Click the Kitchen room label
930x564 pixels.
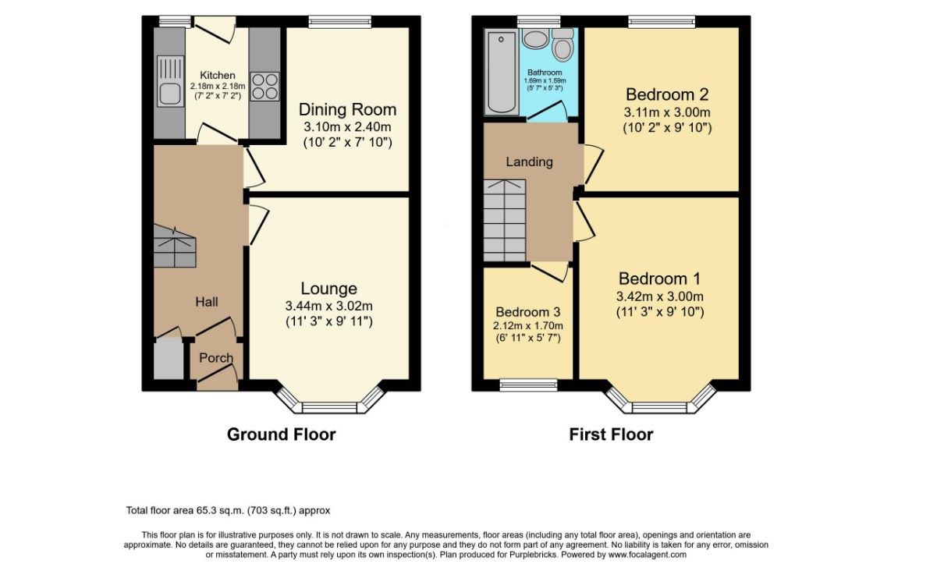217,76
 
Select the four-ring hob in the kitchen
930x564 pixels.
264,86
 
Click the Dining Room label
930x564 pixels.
347,110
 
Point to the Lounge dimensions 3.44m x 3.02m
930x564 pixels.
328,306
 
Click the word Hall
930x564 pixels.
207,302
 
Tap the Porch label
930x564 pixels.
216,358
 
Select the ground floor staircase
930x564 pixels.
175,247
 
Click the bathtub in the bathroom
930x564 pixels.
502,73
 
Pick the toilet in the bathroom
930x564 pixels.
563,43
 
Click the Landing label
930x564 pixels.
529,161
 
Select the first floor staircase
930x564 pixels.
506,220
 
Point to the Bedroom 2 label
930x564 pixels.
667,94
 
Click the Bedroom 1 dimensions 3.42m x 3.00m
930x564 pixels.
659,296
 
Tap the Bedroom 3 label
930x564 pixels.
528,312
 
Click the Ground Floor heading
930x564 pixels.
281,435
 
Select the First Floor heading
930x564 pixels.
611,435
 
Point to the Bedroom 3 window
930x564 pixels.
528,385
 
